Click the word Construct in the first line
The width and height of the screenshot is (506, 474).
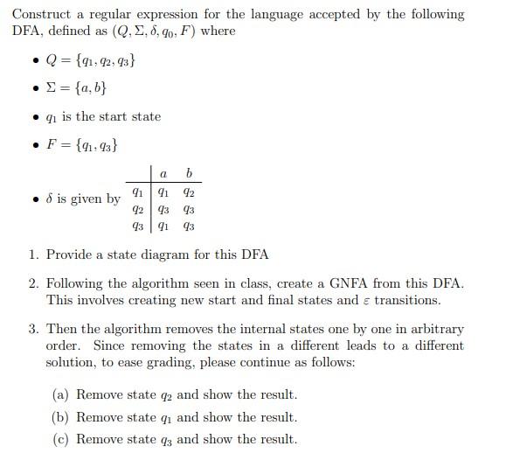(42, 15)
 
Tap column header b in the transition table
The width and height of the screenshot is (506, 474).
(189, 175)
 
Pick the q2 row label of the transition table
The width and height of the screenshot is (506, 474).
(137, 209)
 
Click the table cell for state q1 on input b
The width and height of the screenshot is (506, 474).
(189, 193)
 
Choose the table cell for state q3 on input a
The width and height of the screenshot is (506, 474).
(163, 226)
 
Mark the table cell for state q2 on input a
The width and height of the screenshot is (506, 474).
(163, 209)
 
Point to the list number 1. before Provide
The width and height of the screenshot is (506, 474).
(33, 255)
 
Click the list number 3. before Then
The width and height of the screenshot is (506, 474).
(33, 330)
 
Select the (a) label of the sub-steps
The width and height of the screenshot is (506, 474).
(62, 394)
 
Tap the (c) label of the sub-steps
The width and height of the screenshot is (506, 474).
(62, 439)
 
